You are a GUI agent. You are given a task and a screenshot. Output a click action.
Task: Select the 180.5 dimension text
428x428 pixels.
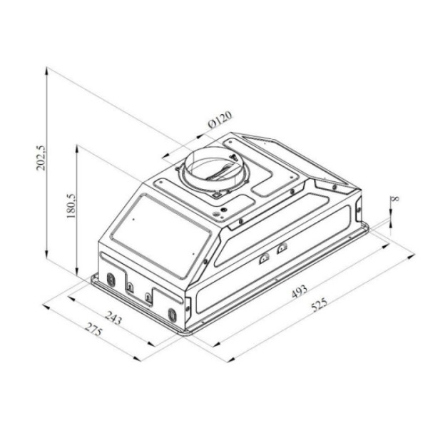coord(71,206)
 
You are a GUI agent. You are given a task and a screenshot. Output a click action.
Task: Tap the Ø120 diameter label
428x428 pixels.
coord(220,120)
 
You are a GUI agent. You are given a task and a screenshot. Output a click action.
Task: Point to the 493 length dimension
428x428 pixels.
coord(300,292)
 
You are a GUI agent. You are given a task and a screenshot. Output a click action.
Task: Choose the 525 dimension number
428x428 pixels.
coord(319,305)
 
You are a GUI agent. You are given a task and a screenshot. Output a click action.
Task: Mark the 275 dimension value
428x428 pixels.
coord(93,329)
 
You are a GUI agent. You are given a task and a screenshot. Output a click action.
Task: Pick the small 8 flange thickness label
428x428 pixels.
coord(396,198)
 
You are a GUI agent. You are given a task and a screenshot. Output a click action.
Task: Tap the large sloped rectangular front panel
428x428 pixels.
coord(161,235)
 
